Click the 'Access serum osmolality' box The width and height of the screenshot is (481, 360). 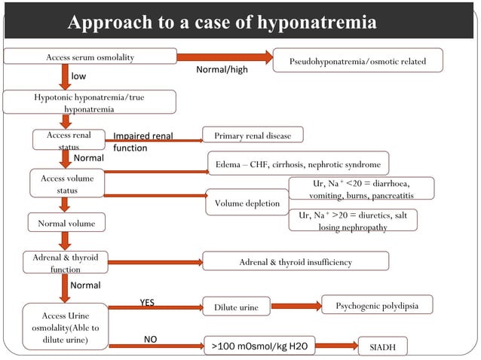90,56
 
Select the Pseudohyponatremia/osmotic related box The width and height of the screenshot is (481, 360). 357,60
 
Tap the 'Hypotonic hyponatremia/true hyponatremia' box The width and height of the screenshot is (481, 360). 90,102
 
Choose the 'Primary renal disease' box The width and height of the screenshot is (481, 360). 253,136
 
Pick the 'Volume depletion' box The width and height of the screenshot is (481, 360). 247,203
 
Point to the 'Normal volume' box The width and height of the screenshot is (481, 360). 66,223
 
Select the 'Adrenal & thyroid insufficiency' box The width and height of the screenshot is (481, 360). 295,261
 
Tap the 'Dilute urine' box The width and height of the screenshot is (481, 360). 236,307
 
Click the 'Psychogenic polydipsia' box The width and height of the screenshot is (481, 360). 377,305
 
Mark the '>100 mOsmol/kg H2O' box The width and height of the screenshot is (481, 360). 259,346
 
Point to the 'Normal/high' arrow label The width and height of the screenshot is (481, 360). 222,69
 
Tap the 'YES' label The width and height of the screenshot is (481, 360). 148,303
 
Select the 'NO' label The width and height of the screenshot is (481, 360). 150,340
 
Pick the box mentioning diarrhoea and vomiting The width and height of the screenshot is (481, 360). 361,188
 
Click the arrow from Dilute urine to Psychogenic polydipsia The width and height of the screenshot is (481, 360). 296,307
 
